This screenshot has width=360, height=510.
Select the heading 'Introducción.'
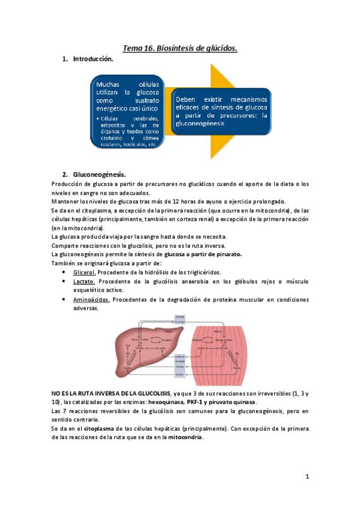click(x=93, y=60)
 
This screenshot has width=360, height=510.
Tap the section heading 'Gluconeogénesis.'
click(x=99, y=174)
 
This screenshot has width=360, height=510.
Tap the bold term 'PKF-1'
click(x=195, y=402)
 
